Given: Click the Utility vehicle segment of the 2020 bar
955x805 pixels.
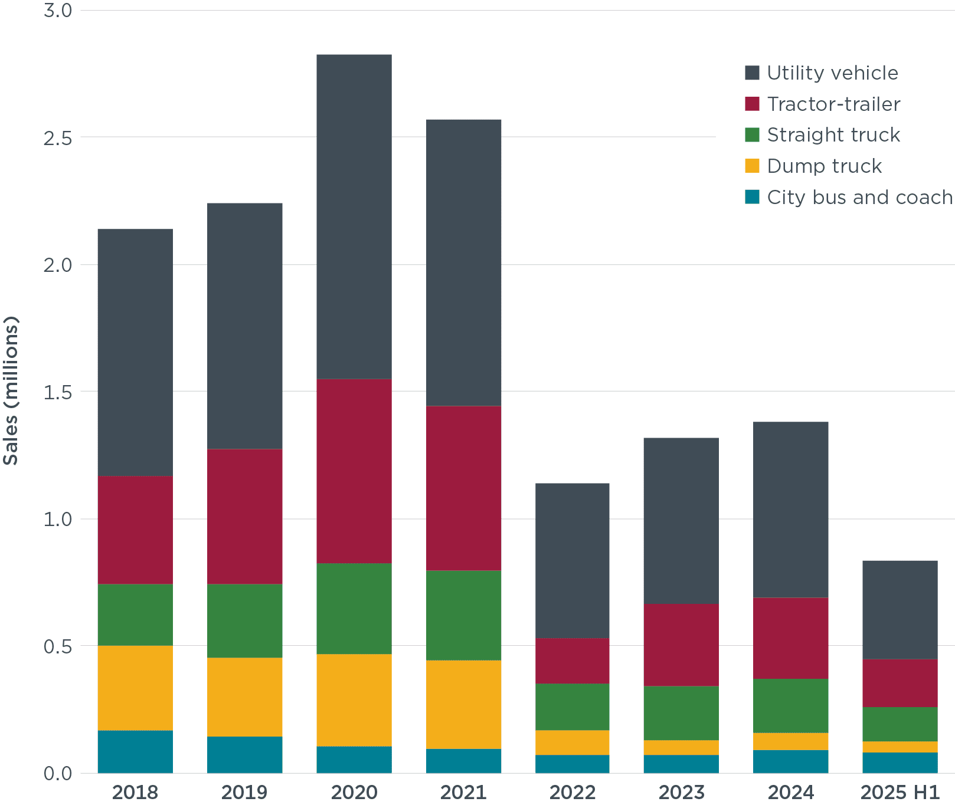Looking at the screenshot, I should (354, 216).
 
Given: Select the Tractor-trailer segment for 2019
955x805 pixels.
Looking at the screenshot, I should (244, 516).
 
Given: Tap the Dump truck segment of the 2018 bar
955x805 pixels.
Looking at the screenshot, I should (135, 688).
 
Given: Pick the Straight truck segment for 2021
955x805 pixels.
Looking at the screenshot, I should (463, 615).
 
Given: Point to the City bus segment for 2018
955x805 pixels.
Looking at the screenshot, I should (135, 751).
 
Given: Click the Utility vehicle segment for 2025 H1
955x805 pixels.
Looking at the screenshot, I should (900, 609).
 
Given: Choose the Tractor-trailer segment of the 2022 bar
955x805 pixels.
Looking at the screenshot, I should (572, 661).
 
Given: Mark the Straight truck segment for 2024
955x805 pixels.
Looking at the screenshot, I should (790, 706).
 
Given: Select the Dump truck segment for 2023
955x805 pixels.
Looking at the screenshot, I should (681, 747).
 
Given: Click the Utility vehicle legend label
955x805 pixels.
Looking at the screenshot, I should (832, 73).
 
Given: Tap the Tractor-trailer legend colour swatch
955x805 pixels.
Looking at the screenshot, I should (752, 104).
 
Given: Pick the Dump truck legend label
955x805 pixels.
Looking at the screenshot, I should (824, 166).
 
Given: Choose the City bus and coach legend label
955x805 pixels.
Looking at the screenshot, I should (859, 197).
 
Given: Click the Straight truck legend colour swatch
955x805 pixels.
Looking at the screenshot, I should (752, 135).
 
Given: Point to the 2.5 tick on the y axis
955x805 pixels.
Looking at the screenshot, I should (57, 137).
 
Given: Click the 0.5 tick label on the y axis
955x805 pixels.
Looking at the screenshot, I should (57, 646).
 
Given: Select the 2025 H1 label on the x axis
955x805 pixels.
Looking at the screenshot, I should (900, 792).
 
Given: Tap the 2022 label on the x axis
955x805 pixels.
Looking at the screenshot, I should (572, 792).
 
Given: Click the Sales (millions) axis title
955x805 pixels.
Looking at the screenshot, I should (11, 391).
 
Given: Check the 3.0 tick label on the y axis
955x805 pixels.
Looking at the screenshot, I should (57, 11).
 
